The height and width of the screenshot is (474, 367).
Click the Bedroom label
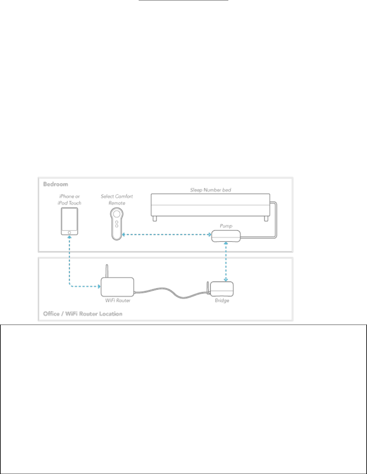tap(56, 184)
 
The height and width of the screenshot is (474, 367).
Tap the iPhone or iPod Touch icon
tap(69, 221)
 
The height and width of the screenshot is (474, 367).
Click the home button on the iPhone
tap(69, 233)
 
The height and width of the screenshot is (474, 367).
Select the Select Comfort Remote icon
tap(117, 223)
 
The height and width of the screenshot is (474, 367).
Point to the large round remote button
tap(117, 213)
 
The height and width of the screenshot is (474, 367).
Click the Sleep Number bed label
tap(211, 190)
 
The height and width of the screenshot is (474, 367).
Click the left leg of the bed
tap(155, 219)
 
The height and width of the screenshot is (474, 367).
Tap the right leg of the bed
tap(266, 219)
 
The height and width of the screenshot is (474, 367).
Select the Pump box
tap(226, 236)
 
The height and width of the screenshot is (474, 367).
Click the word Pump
tap(226, 226)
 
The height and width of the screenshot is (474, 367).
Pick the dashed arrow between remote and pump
tap(167, 235)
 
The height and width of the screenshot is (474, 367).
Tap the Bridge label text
tap(222, 300)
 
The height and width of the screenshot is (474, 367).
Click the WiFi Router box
tap(117, 287)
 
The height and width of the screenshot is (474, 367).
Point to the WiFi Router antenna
tap(107, 271)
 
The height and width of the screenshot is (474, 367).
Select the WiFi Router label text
tap(118, 300)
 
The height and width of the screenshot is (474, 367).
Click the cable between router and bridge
tap(172, 293)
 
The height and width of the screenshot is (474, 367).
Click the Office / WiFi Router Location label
tap(83, 314)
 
